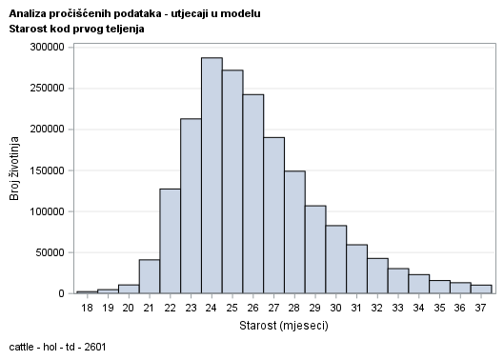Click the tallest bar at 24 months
coord(212,176)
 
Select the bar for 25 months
coord(232,182)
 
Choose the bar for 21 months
coord(150,276)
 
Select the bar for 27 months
coord(273,215)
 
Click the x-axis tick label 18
coord(87,308)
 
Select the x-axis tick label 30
coord(335,308)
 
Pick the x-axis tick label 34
coord(418,308)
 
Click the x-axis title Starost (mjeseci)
coord(284,327)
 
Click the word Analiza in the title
coord(29,14)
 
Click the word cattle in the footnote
coord(22,347)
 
